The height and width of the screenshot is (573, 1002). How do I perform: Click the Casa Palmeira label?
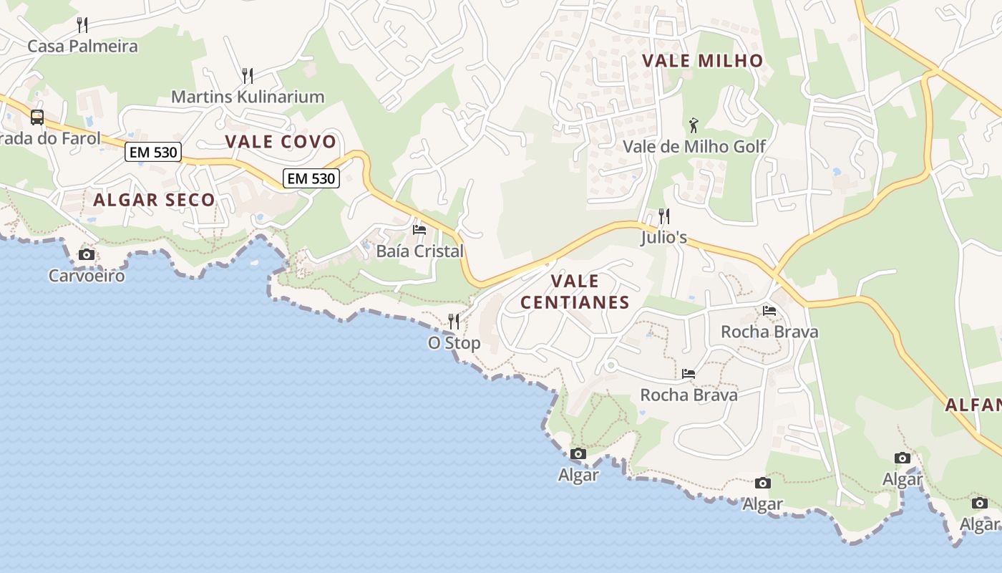(82, 47)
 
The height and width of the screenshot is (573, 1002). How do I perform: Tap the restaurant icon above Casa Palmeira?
(82, 25)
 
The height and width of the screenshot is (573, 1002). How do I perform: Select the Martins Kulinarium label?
(248, 97)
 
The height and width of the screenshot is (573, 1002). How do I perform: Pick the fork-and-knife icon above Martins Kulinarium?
(248, 75)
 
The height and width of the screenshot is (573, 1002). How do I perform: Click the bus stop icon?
(37, 117)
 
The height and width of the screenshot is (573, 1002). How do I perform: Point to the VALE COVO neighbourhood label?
(281, 142)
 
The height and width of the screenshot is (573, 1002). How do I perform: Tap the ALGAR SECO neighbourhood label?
(154, 201)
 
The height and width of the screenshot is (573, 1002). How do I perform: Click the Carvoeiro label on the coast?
(87, 276)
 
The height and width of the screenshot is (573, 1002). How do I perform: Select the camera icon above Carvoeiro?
(87, 255)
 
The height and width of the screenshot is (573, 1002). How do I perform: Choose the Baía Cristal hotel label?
(420, 251)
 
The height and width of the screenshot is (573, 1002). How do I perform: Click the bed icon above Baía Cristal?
(419, 230)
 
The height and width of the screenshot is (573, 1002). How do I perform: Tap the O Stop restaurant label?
(454, 343)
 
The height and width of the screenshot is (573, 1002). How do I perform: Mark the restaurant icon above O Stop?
(454, 321)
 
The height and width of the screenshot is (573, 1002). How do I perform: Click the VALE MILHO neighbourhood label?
(703, 61)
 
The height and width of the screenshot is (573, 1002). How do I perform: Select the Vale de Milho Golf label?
(694, 147)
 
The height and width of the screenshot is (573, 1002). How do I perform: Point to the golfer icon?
(693, 126)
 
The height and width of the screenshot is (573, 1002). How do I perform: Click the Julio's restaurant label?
(664, 237)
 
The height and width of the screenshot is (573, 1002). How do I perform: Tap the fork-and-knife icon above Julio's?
(664, 216)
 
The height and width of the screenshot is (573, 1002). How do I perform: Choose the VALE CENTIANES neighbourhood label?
(575, 292)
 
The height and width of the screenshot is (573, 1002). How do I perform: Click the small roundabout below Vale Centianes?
(611, 366)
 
